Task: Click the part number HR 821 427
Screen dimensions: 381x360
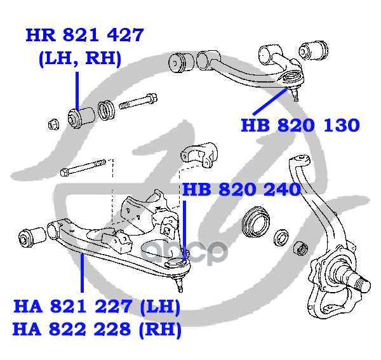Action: coord(84,36)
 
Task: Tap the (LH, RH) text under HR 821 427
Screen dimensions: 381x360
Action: coord(79,60)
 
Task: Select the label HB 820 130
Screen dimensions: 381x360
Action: coord(300,124)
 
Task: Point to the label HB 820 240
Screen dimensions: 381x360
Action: coord(241,190)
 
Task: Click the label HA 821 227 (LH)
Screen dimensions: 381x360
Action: coord(97,309)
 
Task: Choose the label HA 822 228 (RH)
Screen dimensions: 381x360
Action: coord(97,330)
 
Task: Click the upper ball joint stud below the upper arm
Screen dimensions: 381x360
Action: coord(295,93)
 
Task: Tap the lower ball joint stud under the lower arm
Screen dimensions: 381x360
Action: coord(181,279)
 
